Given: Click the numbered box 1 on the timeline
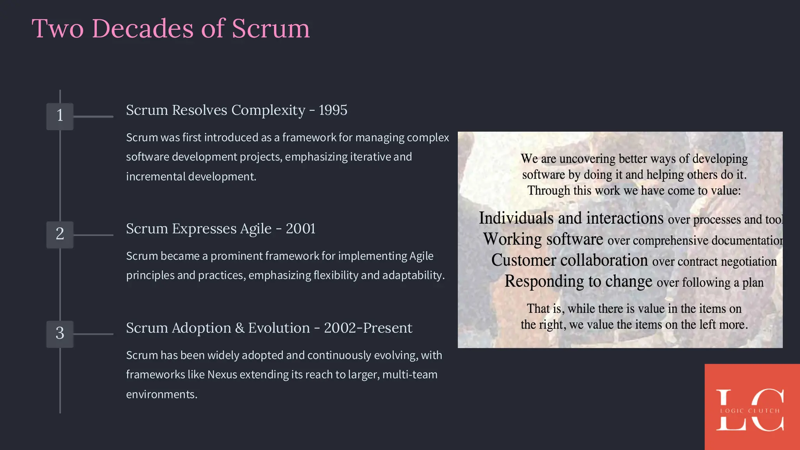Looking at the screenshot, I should point(60,116).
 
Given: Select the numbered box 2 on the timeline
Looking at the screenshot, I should point(60,234).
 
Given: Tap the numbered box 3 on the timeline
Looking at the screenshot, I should point(60,334).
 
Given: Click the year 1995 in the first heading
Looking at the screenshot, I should point(333,111).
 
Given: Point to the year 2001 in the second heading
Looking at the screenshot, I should point(300,229).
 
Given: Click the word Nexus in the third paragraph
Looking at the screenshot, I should point(222,375).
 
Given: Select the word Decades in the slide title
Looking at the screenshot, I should point(143,29).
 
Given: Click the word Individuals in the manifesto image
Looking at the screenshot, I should point(516,218).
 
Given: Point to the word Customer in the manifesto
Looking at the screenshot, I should point(523,261).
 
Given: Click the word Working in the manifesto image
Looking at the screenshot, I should point(512,239).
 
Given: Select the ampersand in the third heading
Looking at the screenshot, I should point(239,328).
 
